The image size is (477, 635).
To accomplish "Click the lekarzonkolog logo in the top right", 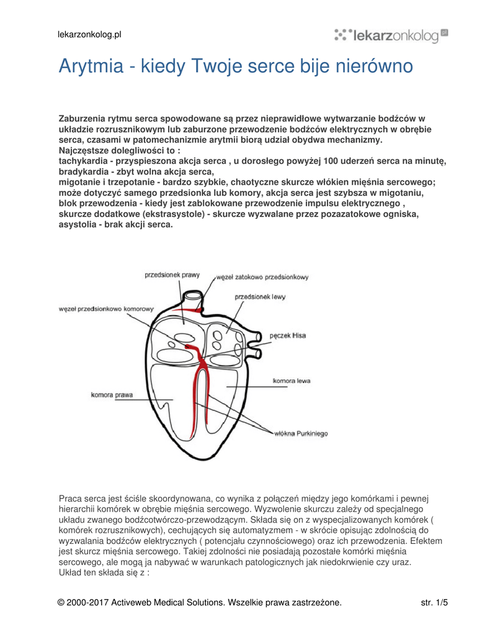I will pos(391,35).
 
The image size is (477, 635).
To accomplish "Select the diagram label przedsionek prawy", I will pos(172,275).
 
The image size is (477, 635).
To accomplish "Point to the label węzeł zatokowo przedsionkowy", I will pos(262,277).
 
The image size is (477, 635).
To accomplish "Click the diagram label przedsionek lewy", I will pos(260,297).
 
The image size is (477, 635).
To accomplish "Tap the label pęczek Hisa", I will pos(287,335).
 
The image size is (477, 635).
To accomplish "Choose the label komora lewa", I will pos(292,380).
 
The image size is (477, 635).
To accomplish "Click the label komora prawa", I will pos(112,394).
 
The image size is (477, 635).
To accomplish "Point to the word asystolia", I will pos(77,224).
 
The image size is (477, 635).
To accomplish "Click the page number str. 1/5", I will pos(434,602).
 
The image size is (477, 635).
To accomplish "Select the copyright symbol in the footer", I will pos(61,602).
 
